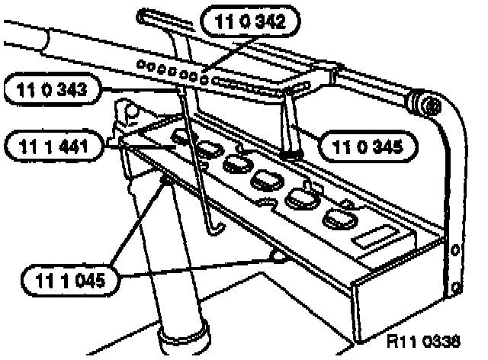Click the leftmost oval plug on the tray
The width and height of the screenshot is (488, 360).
coord(181,137)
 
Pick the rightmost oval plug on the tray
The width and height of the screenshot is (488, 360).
coord(336,220)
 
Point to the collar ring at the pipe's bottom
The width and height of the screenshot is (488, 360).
coord(185,333)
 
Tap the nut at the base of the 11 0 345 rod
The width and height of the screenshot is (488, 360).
coord(289,155)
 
